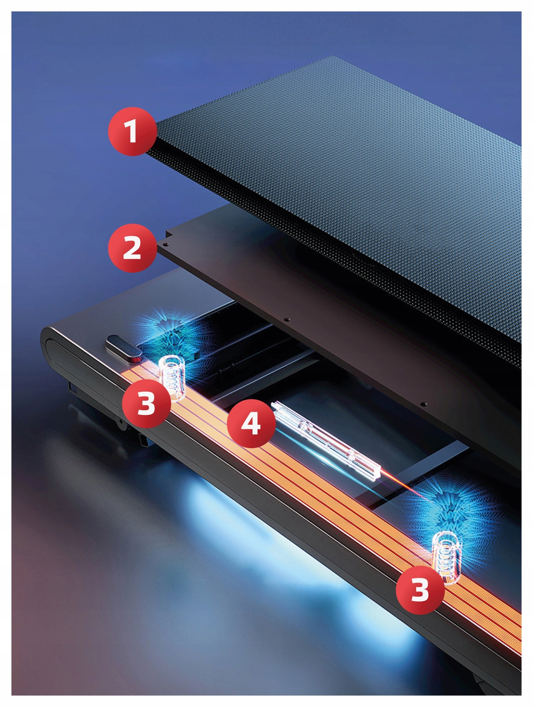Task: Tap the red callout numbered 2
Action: pos(132,248)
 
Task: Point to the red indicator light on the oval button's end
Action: pos(138,360)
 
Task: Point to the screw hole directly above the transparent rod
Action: pos(424,404)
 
